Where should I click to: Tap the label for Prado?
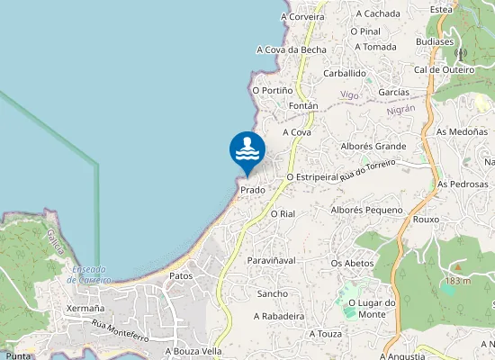253,191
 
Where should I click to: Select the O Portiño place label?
272,90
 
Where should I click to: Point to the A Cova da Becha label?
291,49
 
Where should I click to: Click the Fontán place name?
303,105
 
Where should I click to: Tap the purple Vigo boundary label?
349,94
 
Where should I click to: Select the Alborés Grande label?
373,146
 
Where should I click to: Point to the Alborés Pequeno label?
366,210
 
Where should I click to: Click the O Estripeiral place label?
312,177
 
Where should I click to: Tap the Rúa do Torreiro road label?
368,170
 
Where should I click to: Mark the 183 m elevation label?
457,282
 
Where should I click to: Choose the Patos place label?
181,276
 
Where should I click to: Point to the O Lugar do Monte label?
372,308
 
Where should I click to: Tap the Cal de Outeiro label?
444,69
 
